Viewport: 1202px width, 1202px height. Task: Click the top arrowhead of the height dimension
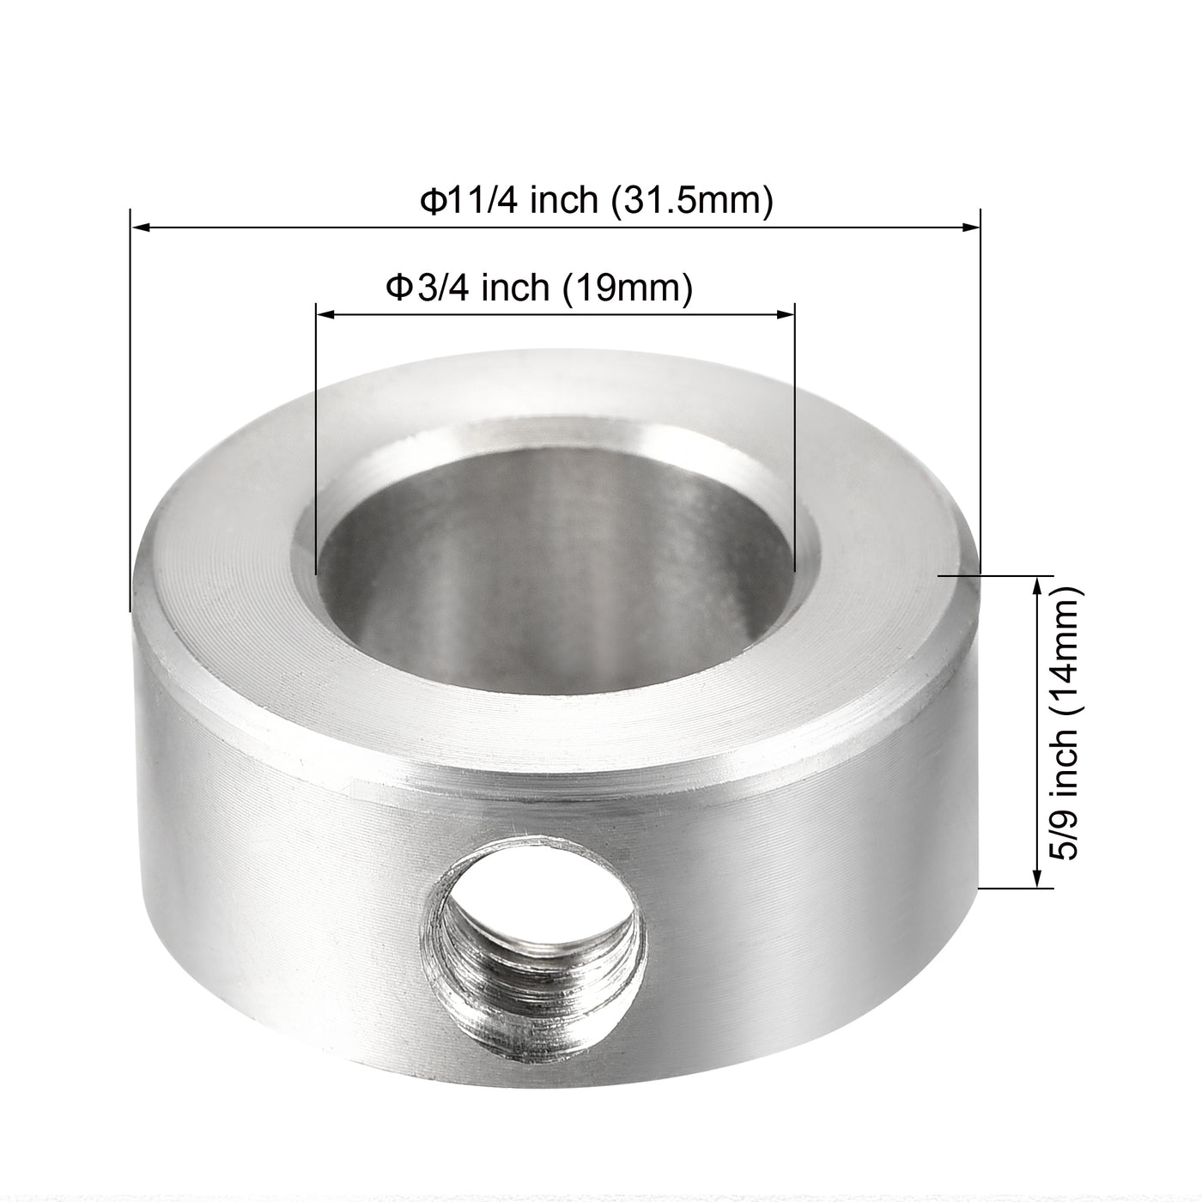pos(1038,585)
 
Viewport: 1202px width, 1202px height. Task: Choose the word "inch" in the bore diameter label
pos(515,288)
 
